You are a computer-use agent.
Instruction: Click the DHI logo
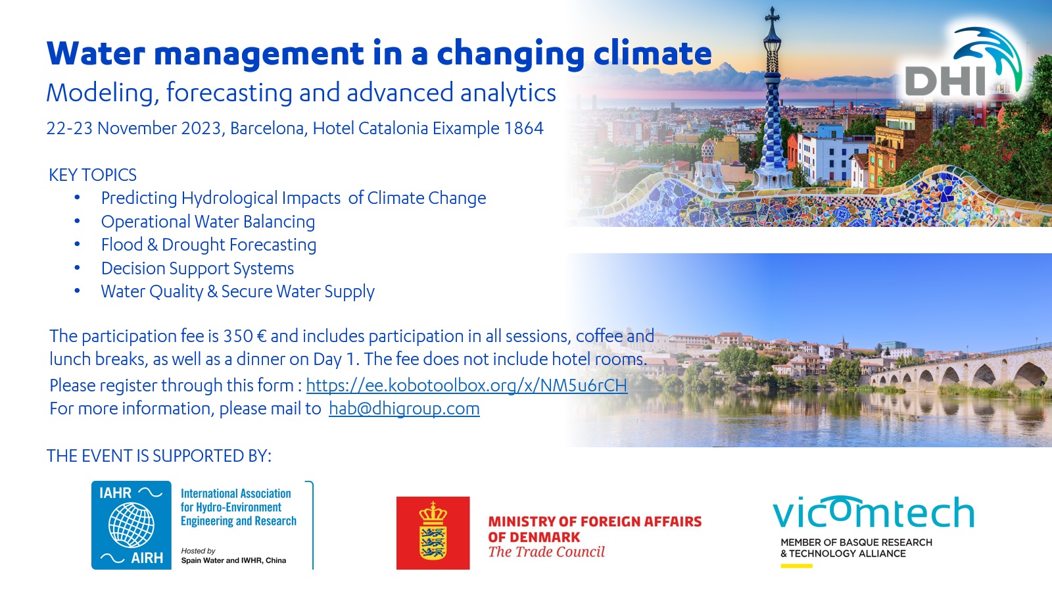coord(963,63)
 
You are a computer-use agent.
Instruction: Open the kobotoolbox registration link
coord(466,385)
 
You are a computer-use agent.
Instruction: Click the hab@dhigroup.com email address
coord(404,408)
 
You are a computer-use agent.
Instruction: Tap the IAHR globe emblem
coord(131,525)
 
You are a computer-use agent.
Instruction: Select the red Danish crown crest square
coord(433,533)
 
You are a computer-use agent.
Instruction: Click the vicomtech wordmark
coord(874,512)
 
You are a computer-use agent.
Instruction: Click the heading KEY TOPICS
coord(93,175)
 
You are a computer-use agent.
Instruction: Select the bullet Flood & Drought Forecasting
coord(208,245)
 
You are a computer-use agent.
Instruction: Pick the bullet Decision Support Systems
coord(197,268)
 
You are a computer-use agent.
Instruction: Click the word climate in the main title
coord(653,53)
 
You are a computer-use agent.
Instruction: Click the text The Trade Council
coord(546,552)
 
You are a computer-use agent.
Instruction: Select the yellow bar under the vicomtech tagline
coord(796,566)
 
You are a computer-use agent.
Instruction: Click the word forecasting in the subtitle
coord(229,92)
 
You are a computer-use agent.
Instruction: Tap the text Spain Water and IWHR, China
coord(233,560)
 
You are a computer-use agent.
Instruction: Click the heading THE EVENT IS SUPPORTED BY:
coord(158,456)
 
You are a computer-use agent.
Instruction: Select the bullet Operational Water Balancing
coord(208,222)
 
